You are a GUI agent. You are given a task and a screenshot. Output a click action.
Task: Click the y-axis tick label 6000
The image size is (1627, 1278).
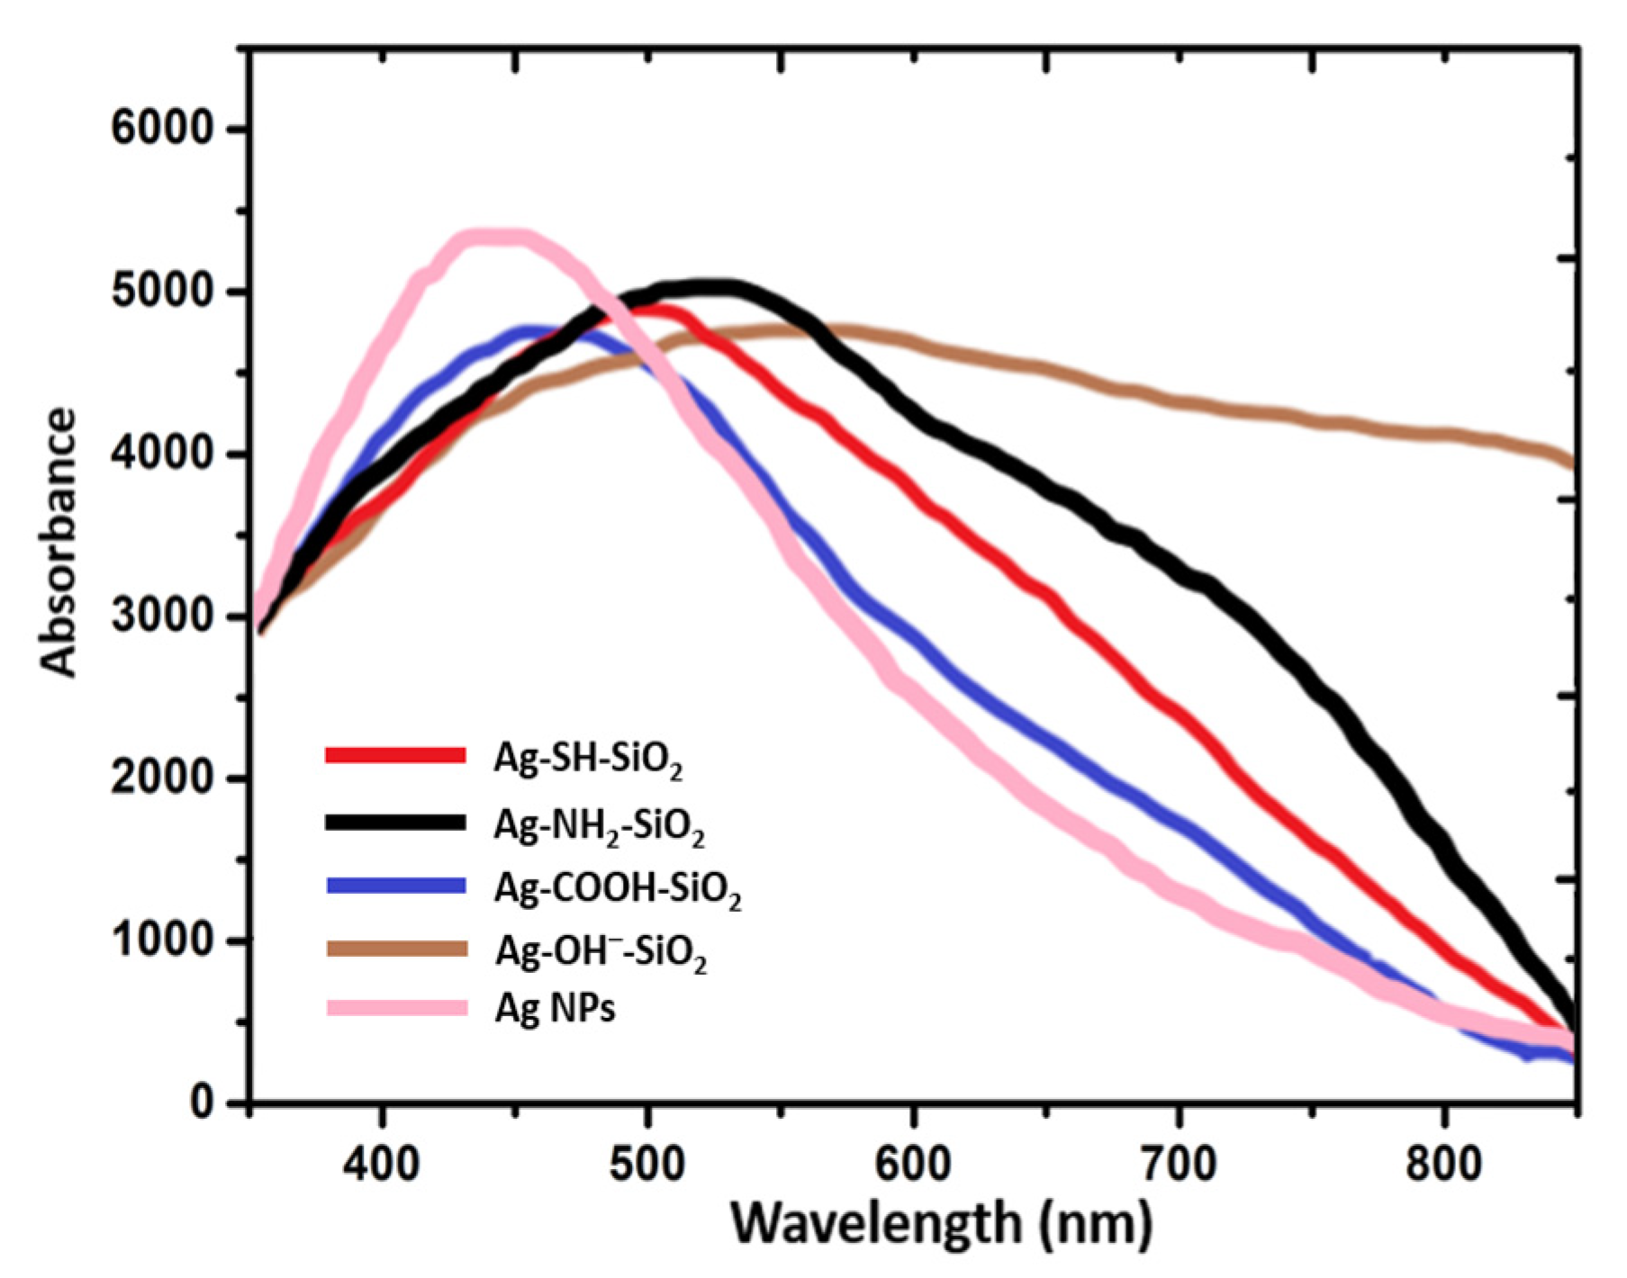tap(162, 129)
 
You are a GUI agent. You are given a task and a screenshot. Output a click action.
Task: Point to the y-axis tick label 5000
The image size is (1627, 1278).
tap(162, 292)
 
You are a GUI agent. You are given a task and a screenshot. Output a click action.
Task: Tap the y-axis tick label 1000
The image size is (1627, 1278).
tap(162, 940)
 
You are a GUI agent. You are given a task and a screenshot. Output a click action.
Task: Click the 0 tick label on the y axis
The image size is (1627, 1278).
tap(202, 1102)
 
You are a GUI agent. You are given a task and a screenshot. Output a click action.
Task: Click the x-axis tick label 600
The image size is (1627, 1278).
tap(914, 1163)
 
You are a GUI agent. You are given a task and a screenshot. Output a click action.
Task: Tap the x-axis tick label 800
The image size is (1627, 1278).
tap(1444, 1163)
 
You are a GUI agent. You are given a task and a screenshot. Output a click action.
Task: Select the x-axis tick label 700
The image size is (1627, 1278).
tap(1180, 1163)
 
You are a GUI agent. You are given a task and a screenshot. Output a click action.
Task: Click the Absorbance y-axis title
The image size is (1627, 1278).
tap(59, 542)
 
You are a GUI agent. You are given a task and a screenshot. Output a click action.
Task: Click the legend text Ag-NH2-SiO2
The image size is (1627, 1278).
tap(599, 825)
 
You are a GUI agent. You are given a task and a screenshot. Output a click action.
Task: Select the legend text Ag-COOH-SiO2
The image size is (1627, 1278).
tap(618, 890)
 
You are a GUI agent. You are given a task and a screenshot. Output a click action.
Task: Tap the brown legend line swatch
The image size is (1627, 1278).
tap(396, 949)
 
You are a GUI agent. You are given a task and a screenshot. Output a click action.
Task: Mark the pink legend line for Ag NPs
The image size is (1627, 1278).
tap(396, 1007)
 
